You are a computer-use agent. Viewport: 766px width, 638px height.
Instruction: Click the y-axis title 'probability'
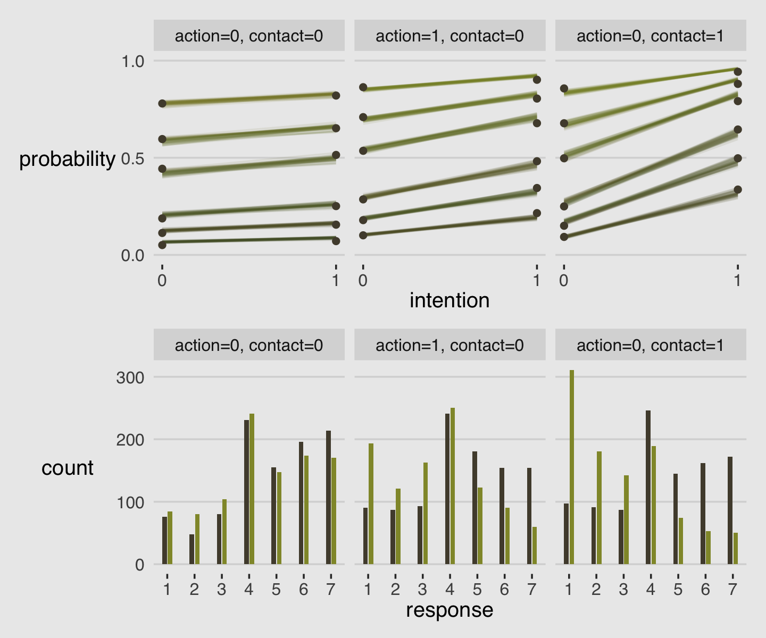(x=67, y=159)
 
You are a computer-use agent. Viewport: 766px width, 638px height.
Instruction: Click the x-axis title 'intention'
(x=449, y=301)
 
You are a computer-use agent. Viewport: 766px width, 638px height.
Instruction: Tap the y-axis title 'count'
(x=67, y=468)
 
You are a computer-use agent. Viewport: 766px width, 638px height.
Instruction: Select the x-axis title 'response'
(x=449, y=610)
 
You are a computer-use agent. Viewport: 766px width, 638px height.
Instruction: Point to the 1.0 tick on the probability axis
(x=133, y=62)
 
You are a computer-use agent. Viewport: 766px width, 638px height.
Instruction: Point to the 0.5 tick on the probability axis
(x=133, y=158)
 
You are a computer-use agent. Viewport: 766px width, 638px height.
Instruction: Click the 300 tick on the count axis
(x=130, y=378)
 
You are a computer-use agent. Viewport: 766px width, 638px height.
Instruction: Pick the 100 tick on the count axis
(x=130, y=502)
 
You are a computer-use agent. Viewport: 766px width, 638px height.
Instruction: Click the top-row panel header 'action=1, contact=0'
(x=449, y=36)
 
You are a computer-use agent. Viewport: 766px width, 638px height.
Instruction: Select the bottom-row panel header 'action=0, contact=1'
(x=650, y=346)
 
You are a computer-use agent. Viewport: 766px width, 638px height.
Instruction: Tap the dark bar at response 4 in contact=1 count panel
(x=648, y=487)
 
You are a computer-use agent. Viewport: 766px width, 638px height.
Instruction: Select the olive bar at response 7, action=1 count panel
(x=535, y=545)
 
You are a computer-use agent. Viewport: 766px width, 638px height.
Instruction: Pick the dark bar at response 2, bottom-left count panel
(x=191, y=549)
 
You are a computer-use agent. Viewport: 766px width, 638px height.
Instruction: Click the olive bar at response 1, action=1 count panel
(x=371, y=503)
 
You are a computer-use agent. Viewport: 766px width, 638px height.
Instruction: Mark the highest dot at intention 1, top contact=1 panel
(x=737, y=72)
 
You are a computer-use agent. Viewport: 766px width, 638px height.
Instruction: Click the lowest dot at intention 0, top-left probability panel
(x=162, y=245)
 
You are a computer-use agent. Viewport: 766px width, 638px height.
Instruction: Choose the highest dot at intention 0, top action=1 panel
(x=363, y=87)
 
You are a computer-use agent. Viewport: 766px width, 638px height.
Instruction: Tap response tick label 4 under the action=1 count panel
(x=449, y=590)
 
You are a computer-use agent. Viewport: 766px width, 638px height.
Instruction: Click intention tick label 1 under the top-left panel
(x=335, y=280)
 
